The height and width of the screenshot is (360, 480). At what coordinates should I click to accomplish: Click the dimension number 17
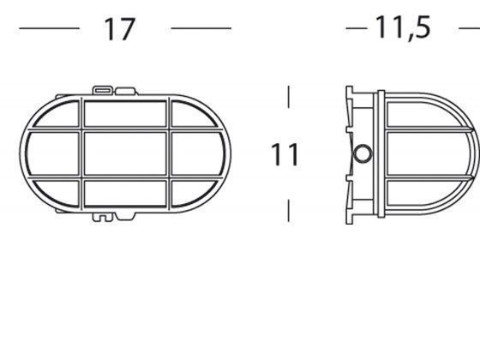coord(120,29)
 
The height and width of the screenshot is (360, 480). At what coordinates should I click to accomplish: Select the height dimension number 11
coord(285,155)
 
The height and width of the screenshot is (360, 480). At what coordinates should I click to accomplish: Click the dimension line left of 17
coord(49,29)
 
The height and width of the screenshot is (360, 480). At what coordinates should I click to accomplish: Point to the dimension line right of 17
coord(201,29)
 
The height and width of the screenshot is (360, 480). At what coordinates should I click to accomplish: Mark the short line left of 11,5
coord(357,28)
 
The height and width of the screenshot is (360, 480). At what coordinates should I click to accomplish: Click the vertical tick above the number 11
coord(289,96)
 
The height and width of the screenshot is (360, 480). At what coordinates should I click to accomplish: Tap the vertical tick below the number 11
coord(289,211)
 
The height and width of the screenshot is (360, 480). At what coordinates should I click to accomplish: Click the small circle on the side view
coord(363,154)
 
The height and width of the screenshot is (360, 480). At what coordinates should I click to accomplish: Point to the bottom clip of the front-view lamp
coord(103,217)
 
